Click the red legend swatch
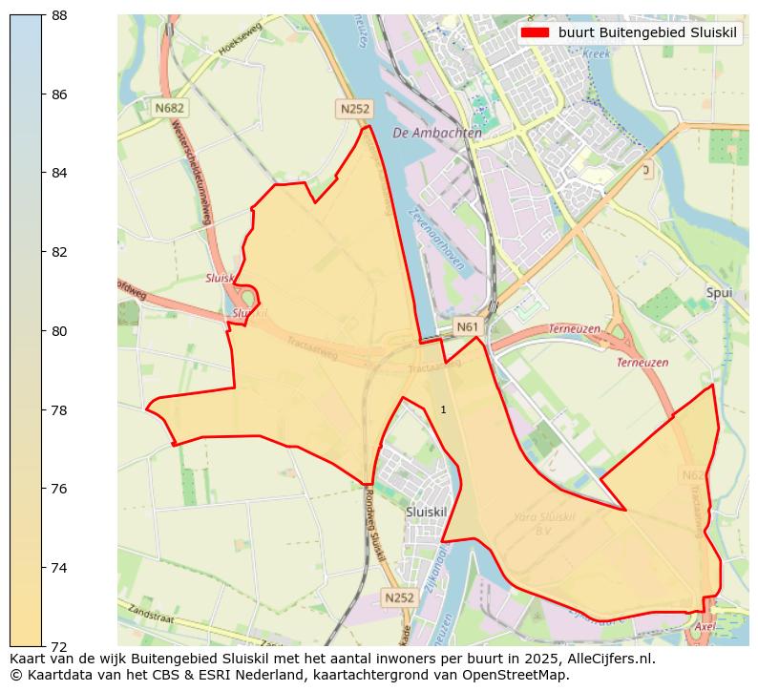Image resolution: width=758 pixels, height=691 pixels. coord(535,32)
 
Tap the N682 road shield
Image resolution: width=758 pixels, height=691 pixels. coord(169,108)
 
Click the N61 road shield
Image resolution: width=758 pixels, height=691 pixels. coord(467,327)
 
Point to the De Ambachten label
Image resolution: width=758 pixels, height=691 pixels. coord(436,134)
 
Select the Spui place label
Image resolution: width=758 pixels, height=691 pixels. coord(719,292)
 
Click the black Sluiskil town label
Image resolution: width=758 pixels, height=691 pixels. coord(426,512)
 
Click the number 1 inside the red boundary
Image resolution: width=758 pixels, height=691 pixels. coord(443,409)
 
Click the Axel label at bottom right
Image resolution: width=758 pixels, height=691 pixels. coord(705,626)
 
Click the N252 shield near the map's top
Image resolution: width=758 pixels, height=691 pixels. coord(353,109)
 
